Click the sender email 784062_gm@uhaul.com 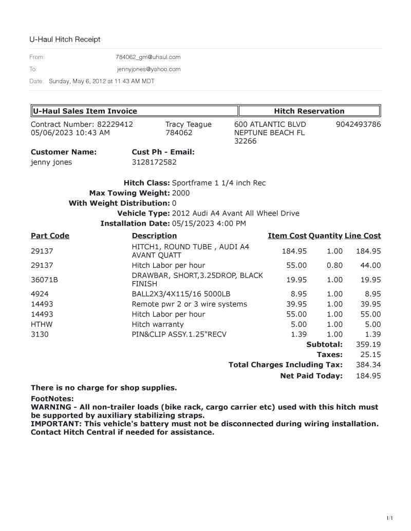[x=148, y=57]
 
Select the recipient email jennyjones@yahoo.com [x=148, y=69]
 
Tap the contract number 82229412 [x=115, y=124]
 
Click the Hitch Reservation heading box [x=309, y=111]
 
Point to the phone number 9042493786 [x=358, y=124]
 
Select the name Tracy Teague [x=188, y=124]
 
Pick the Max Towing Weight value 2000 [x=181, y=193]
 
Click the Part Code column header [x=50, y=235]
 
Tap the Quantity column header [x=325, y=235]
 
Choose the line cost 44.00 [x=370, y=265]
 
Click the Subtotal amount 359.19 [x=368, y=344]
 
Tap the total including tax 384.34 [x=368, y=365]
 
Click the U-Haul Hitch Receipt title [x=65, y=39]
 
